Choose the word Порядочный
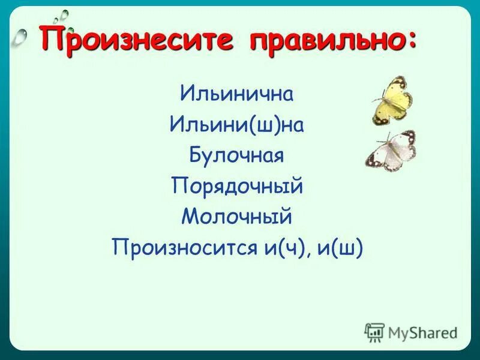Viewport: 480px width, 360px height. [x=236, y=186]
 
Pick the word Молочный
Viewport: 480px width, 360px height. [x=236, y=217]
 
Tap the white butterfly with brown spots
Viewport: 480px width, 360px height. [x=392, y=151]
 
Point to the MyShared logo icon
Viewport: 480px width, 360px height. [x=374, y=332]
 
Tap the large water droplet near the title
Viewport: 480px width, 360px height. [x=22, y=37]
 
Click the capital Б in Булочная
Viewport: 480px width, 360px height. [x=196, y=155]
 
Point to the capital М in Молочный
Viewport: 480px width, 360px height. [x=190, y=217]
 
